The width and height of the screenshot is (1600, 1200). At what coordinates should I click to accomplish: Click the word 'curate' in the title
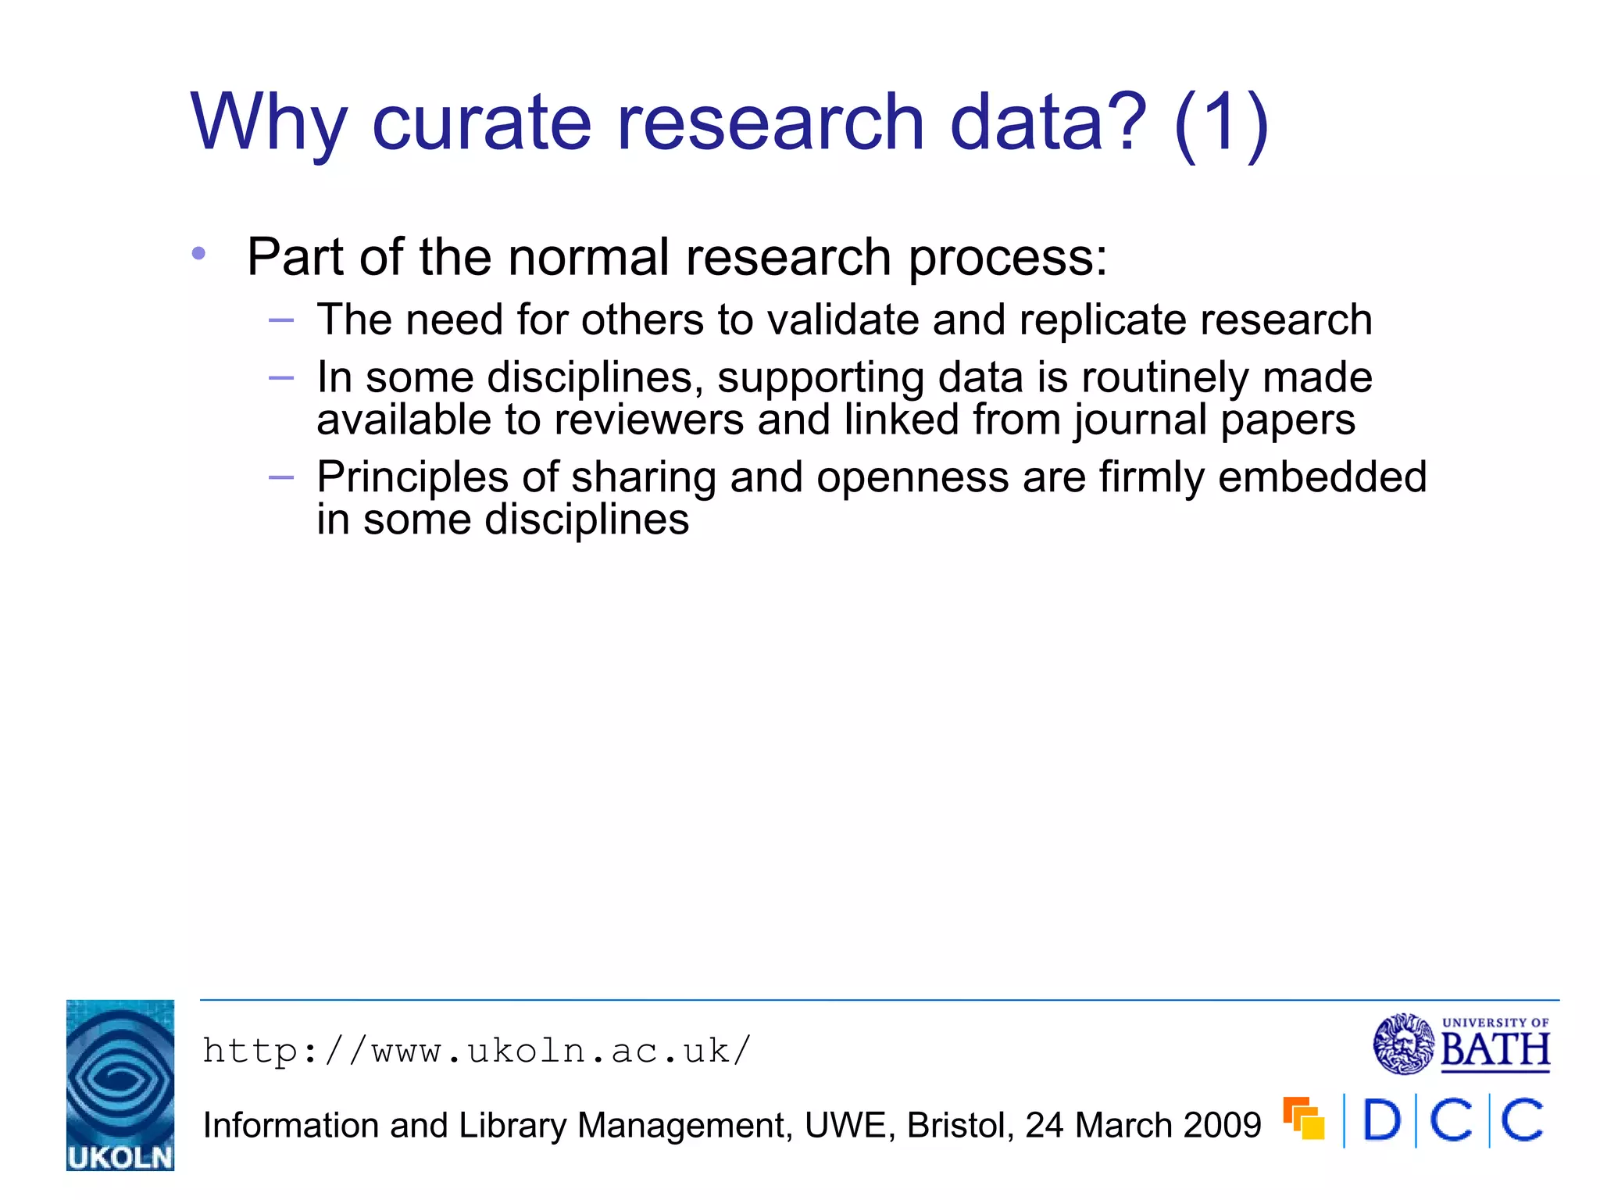pos(481,122)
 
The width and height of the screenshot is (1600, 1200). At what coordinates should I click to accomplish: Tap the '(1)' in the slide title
pos(1220,123)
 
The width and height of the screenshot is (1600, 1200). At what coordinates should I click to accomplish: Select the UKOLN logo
pos(120,1084)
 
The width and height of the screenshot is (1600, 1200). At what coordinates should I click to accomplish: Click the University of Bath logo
pos(1461,1044)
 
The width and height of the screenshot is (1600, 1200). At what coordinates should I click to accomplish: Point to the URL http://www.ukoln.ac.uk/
pos(477,1051)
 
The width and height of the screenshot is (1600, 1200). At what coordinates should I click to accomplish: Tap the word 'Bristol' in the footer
pos(960,1125)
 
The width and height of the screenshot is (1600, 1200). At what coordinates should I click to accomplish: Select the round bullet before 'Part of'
pos(198,253)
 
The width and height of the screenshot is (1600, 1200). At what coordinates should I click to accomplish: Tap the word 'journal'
pos(1141,421)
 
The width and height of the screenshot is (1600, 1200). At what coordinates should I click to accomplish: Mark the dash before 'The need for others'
pos(280,320)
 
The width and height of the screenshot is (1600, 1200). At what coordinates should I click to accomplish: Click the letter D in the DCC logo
pos(1381,1120)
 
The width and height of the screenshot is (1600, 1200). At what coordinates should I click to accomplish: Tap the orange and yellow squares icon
pos(1303,1119)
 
